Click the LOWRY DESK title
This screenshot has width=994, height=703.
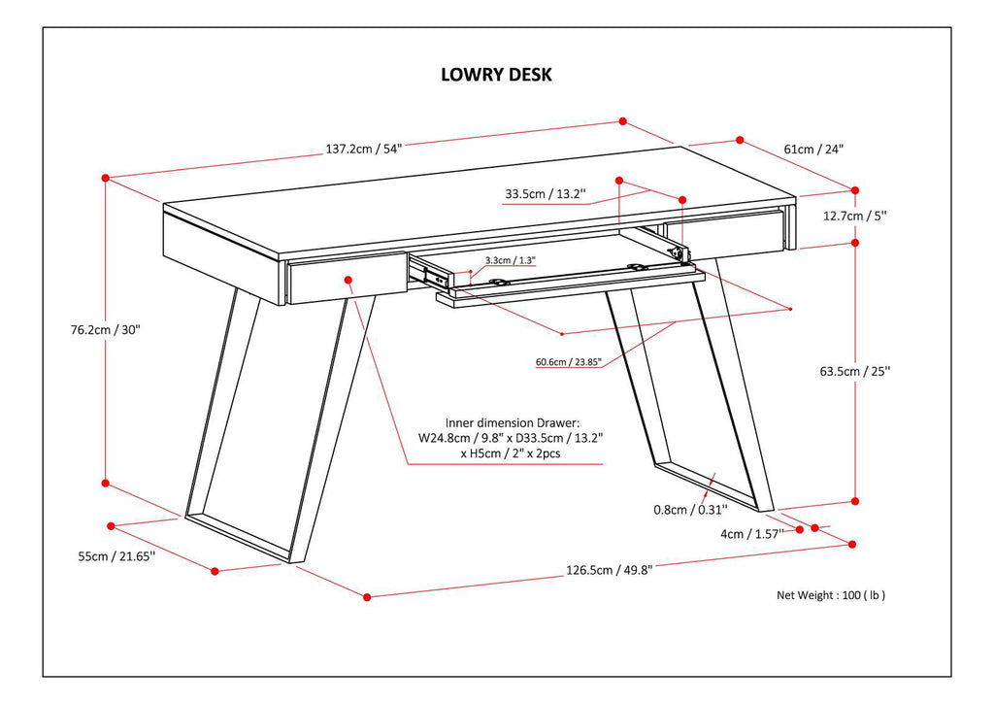[x=496, y=75]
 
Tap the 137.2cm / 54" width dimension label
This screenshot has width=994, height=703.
[x=363, y=149]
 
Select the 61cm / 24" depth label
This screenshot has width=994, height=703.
[x=813, y=150]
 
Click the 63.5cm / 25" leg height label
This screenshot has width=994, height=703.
[x=854, y=371]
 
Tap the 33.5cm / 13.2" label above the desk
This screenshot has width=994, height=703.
[x=544, y=194]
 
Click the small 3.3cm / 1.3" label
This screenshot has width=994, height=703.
[x=510, y=260]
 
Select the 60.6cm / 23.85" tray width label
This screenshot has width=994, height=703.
[x=568, y=363]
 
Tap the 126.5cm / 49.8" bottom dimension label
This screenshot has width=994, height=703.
[x=609, y=570]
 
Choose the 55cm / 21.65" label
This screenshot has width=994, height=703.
[x=116, y=556]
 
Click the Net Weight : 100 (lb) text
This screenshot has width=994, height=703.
[x=831, y=595]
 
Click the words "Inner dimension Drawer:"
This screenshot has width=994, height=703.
[x=512, y=423]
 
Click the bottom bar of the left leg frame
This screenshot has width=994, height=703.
[x=238, y=538]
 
